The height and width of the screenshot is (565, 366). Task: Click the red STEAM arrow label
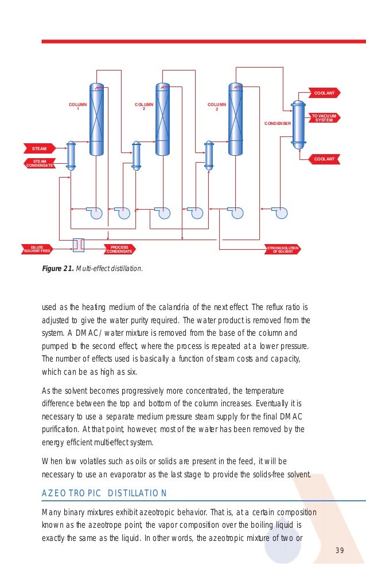tap(38, 148)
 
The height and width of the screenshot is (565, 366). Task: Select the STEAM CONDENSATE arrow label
tap(40, 164)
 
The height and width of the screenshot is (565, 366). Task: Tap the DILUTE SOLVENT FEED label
tap(37, 249)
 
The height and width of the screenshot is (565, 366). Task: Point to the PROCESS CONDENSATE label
tap(119, 249)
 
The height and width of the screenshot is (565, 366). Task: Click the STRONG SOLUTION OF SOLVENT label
tap(282, 249)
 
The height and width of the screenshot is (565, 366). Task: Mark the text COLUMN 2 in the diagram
tap(144, 107)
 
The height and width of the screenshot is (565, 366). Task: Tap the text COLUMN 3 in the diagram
tap(216, 107)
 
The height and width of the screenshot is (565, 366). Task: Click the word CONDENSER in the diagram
tap(277, 123)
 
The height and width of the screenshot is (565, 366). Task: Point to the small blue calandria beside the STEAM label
tap(71, 155)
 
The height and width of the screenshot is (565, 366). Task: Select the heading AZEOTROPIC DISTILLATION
tap(104, 493)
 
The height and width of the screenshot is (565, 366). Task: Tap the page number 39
tap(339, 551)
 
